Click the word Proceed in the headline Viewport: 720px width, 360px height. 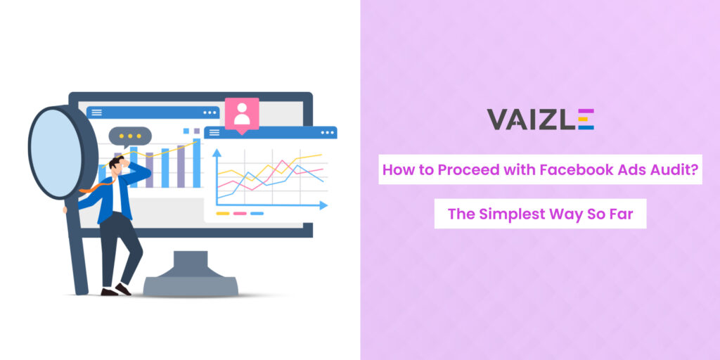tap(461, 170)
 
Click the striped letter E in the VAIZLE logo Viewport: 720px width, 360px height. tap(586, 120)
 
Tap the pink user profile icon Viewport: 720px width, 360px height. tap(242, 115)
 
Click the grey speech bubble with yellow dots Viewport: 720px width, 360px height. tap(130, 136)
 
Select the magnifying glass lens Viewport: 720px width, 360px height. tap(56, 152)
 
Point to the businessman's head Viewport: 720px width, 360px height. tap(116, 165)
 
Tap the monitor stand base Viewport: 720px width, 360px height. tap(191, 286)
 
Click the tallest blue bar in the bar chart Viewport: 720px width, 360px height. tap(197, 163)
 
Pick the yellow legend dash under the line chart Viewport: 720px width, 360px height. tap(223, 214)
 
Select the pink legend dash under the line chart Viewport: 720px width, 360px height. tap(240, 214)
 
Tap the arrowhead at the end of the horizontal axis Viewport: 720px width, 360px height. tap(323, 205)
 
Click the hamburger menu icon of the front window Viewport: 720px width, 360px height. tap(214, 133)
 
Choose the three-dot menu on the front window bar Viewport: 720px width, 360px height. tap(328, 133)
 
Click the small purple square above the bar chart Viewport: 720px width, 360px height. tap(197, 131)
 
